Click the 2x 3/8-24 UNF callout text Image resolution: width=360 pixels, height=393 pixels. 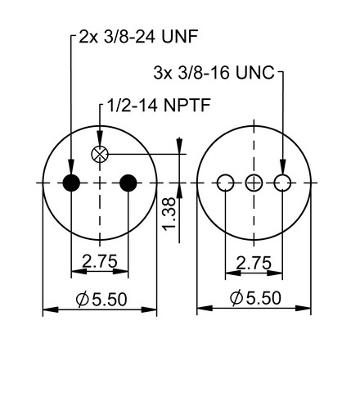pos(138,37)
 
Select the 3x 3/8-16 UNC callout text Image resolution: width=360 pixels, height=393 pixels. pos(214,73)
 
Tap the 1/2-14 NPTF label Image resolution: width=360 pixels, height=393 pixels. pos(159,105)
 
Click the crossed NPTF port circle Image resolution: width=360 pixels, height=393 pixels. pos(100,154)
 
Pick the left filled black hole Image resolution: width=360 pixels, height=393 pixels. pos(71,183)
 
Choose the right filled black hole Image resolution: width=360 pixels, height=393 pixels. pos(128,183)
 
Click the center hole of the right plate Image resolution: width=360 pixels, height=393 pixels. pos(254,183)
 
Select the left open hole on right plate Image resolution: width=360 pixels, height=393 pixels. pos(226,183)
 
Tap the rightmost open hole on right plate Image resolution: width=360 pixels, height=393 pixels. pos(282,183)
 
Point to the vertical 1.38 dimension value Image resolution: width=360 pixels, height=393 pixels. pos(169,214)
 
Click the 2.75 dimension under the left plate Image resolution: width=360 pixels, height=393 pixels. pos(100,261)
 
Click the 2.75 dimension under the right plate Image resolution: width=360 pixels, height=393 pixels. pos(254,263)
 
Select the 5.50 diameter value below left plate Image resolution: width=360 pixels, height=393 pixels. pos(110,299)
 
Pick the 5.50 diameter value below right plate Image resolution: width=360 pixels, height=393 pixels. pos(263,297)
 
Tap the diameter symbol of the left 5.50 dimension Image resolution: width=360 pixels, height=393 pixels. pos(83,299)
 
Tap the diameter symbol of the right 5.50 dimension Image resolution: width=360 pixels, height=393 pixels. pos(236,297)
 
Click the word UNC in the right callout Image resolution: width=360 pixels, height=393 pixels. pos(255,73)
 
